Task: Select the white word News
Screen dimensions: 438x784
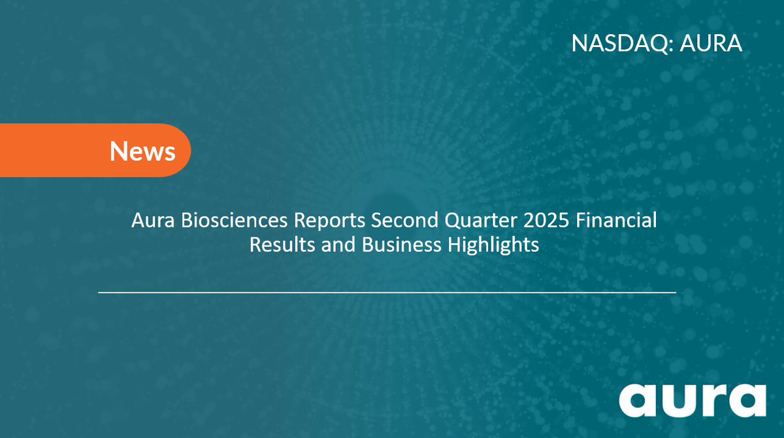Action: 142,151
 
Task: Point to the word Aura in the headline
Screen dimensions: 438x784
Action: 149,222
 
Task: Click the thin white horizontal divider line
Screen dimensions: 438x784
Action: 387,292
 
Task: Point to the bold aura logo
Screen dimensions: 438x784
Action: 693,399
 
